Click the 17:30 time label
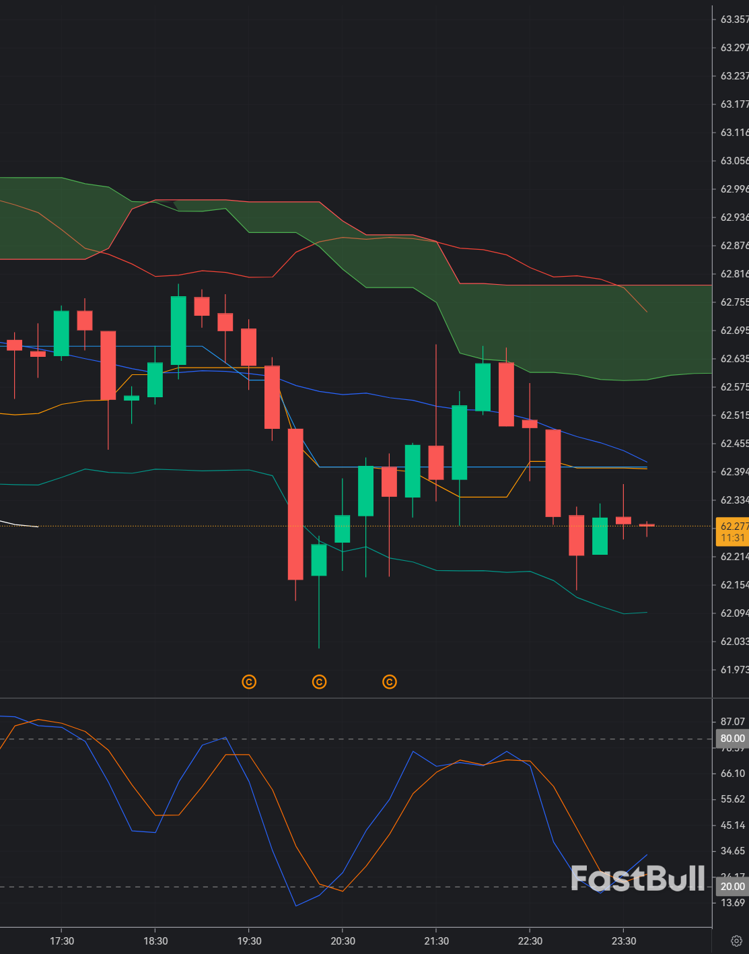(62, 941)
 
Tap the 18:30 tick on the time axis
(155, 941)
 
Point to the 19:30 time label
(249, 941)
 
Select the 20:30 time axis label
(343, 941)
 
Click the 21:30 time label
(436, 941)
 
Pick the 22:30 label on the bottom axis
(530, 941)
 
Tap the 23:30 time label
(624, 941)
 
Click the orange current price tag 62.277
(732, 532)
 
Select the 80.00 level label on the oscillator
(732, 739)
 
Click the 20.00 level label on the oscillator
(732, 887)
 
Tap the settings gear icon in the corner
(736, 941)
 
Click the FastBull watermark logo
(637, 879)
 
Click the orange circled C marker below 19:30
(249, 682)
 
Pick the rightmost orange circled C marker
(390, 682)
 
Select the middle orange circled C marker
(320, 682)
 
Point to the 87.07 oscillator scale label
(732, 721)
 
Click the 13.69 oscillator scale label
(732, 902)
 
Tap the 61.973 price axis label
(734, 669)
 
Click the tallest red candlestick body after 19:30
(295, 504)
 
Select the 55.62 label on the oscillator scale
(732, 799)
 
